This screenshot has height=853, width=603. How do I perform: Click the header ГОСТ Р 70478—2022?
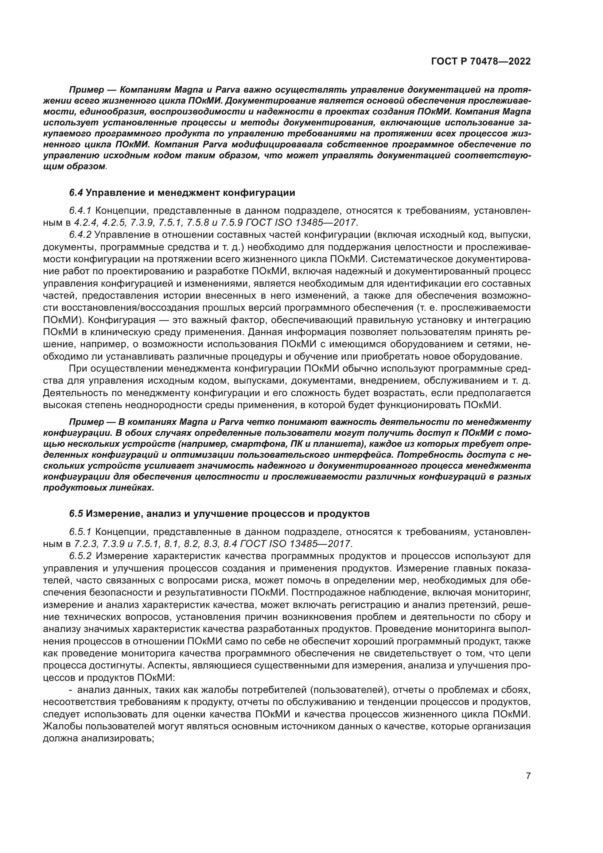click(481, 62)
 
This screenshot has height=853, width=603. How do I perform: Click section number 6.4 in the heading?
click(76, 193)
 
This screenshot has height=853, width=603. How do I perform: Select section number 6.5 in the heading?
click(76, 514)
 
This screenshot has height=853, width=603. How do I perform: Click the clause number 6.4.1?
click(80, 211)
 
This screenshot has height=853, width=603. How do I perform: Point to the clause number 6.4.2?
click(80, 235)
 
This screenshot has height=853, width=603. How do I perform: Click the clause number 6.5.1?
click(80, 532)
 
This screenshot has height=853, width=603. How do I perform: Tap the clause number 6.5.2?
click(80, 556)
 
